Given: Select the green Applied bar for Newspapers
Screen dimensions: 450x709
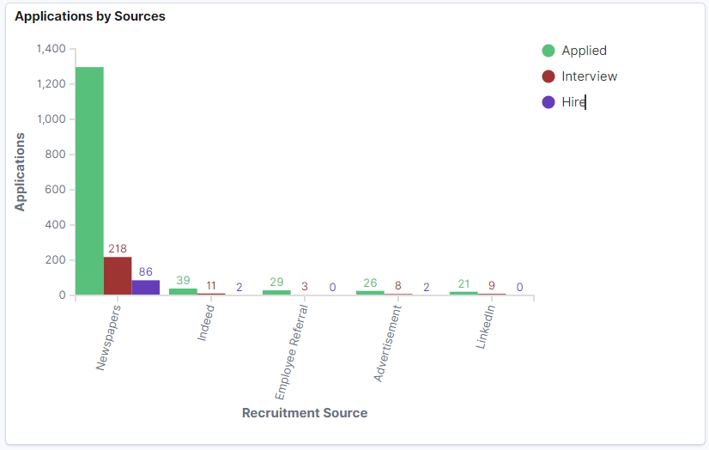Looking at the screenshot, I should coord(89,180).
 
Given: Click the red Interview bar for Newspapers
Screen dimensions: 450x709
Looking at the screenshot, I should coord(118,276).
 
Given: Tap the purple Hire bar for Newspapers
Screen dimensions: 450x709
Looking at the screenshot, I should coord(145,287).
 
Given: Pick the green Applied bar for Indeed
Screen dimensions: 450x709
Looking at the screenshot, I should coord(183,291).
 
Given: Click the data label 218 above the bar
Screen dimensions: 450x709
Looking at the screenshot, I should coord(118,249).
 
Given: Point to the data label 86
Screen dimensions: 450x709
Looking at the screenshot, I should coord(145,271).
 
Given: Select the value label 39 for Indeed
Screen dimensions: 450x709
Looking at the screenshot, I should coord(183,281).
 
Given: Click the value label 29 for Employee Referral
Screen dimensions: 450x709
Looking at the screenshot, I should coord(276,283).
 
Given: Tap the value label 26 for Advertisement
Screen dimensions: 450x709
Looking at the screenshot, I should coord(370,283).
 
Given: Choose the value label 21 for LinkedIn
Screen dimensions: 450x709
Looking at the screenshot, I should coord(464,284).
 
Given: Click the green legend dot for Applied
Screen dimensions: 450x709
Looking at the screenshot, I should coord(548,51).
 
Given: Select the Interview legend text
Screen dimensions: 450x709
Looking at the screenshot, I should coord(589,76).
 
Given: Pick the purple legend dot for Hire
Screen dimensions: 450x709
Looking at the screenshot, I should coord(548,102).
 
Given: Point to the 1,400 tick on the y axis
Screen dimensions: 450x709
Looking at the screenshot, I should coord(51,49).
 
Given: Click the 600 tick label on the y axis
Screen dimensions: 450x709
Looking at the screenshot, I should coord(55,190).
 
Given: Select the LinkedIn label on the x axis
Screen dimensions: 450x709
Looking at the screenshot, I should coord(486,327).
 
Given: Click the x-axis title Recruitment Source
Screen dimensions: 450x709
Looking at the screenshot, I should coord(305,413).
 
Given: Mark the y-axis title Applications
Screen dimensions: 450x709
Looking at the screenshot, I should coord(20,172).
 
